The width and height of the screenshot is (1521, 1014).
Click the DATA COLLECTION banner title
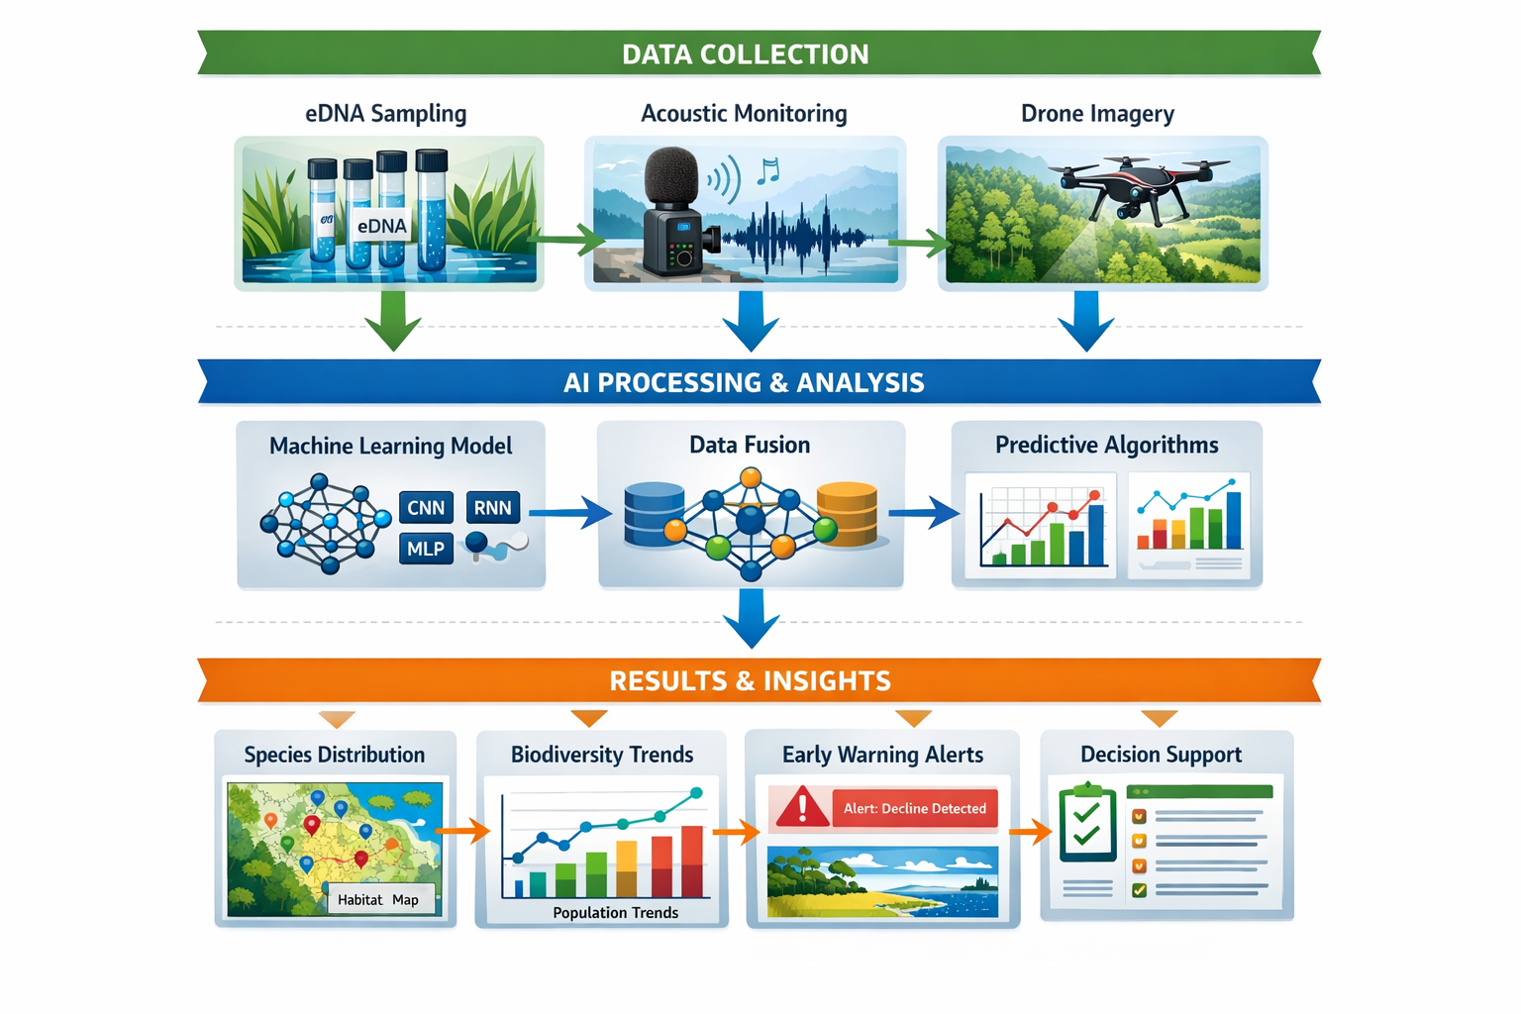(x=745, y=54)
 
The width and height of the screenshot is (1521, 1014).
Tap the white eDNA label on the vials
(x=381, y=226)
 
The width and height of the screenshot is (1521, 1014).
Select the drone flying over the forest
(x=1138, y=183)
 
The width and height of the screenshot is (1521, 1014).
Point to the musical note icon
(x=767, y=171)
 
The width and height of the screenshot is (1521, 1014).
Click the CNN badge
(x=426, y=508)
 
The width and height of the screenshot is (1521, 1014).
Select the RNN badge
(x=492, y=508)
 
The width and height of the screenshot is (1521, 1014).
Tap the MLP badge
(x=426, y=549)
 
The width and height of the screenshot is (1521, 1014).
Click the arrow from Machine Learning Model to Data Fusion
(x=570, y=513)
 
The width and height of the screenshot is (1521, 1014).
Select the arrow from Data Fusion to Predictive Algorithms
(x=924, y=513)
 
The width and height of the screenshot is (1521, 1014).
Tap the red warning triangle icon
(x=801, y=807)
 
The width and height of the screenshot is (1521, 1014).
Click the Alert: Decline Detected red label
(x=914, y=808)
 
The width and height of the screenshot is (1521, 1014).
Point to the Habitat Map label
(x=378, y=899)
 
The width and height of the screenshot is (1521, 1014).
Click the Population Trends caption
(x=615, y=912)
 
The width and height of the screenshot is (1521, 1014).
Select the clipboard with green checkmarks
(x=1087, y=824)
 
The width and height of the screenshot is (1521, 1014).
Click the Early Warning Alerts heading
(x=882, y=755)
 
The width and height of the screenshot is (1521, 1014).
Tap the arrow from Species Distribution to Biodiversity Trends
(x=463, y=831)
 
